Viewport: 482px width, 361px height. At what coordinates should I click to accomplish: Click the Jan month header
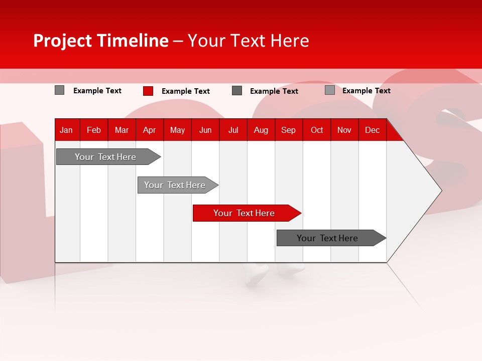[66, 130]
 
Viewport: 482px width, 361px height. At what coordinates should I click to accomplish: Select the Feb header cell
[94, 130]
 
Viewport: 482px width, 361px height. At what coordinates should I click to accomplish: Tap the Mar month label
[122, 130]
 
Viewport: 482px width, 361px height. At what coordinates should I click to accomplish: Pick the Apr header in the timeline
[149, 130]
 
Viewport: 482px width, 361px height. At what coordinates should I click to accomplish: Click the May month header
[177, 130]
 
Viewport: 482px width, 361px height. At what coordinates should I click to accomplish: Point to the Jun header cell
[205, 130]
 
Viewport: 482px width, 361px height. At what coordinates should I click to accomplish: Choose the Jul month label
[233, 130]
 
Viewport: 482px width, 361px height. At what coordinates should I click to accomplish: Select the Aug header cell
[261, 130]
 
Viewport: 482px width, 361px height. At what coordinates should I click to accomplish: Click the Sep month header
[289, 130]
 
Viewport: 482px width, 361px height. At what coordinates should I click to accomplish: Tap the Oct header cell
[317, 130]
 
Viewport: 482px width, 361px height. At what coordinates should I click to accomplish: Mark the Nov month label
[344, 130]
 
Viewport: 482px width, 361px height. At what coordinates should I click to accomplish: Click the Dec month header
[372, 130]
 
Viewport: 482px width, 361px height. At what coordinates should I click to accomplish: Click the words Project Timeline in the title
[100, 41]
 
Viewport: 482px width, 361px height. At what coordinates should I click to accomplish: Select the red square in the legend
[148, 91]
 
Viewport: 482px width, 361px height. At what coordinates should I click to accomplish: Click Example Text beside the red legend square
[185, 91]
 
